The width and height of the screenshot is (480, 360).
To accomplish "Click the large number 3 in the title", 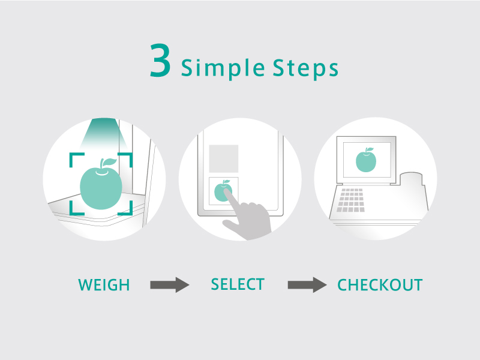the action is (x=160, y=61).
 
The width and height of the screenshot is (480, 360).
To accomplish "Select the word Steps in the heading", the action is (x=305, y=68).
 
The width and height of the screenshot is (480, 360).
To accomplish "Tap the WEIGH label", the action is (x=104, y=285).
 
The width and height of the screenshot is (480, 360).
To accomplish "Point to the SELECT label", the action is (x=238, y=284).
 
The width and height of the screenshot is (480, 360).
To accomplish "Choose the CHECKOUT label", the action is (x=380, y=285).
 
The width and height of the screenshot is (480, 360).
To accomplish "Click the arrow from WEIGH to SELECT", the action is (x=170, y=284).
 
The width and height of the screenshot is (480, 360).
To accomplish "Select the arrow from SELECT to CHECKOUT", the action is (x=307, y=284).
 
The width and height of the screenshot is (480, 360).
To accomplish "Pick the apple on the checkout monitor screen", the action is (x=366, y=160).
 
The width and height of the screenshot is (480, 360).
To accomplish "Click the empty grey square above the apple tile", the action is (x=223, y=158).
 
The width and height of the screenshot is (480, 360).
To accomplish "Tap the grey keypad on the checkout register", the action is (x=351, y=200).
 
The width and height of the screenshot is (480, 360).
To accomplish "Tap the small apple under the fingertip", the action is (x=222, y=191).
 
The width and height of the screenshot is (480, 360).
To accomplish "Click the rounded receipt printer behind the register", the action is (x=412, y=179).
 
